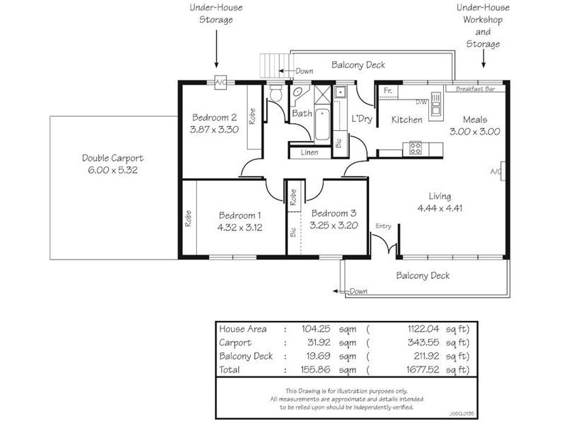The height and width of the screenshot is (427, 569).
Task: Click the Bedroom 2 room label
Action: click(213, 117)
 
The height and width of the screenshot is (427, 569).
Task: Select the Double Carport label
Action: click(112, 158)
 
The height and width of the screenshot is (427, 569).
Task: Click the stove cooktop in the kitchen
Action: click(414, 148)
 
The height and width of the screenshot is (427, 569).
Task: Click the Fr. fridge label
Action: click(388, 91)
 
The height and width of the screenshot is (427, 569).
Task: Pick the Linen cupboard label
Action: click(309, 152)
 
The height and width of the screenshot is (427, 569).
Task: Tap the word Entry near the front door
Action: click(383, 226)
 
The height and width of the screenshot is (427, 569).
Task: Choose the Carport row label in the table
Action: click(236, 342)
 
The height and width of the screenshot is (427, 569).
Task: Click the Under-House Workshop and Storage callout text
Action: click(483, 26)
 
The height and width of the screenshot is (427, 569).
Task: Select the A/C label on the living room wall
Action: click(495, 171)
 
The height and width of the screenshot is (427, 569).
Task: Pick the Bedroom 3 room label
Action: click(334, 213)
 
